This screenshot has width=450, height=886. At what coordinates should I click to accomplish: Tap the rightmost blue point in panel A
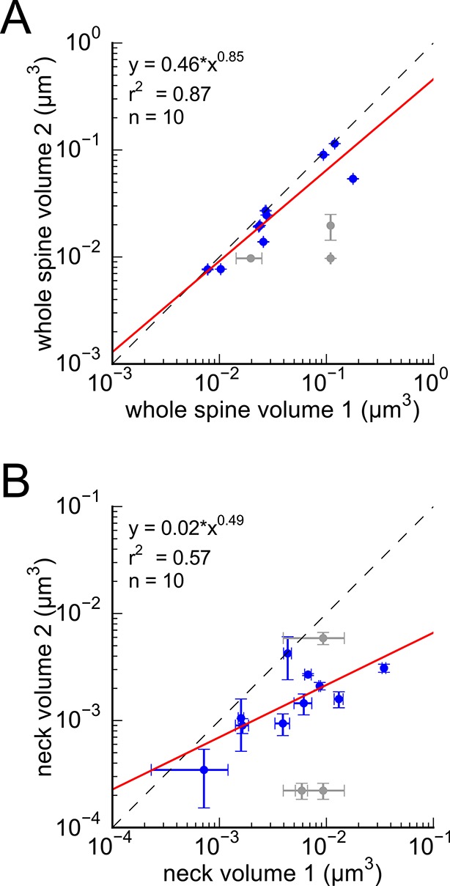353,179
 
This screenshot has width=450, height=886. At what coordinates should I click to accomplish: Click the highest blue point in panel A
335,144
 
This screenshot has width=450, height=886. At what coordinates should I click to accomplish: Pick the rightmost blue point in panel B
383,668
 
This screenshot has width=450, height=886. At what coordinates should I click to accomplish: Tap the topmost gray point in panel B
322,638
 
